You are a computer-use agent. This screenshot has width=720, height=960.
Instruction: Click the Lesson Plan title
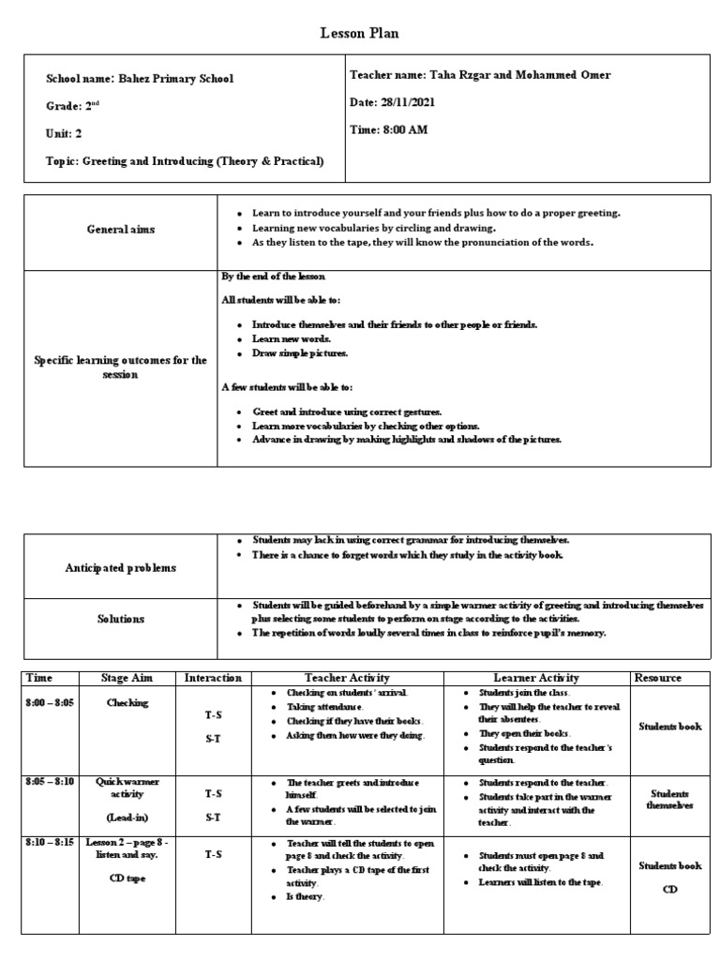click(x=360, y=34)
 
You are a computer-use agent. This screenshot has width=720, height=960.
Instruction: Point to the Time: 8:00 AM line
click(x=388, y=129)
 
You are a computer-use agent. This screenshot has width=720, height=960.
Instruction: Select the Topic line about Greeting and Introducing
click(x=185, y=161)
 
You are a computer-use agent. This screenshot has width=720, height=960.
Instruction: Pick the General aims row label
click(x=122, y=229)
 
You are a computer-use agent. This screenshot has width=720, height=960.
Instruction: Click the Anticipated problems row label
click(x=120, y=567)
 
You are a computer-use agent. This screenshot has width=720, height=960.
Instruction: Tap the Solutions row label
click(x=121, y=619)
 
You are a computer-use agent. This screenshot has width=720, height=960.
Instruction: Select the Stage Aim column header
click(x=127, y=678)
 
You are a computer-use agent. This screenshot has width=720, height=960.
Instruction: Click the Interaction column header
click(x=214, y=678)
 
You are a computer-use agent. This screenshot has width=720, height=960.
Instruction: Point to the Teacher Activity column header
click(x=347, y=678)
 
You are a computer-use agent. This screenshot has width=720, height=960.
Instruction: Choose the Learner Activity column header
click(x=535, y=678)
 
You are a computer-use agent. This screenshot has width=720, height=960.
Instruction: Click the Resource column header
click(x=657, y=678)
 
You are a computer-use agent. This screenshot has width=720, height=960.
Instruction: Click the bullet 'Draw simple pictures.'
click(x=299, y=353)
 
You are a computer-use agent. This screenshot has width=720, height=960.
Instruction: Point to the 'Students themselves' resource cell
click(x=669, y=799)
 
